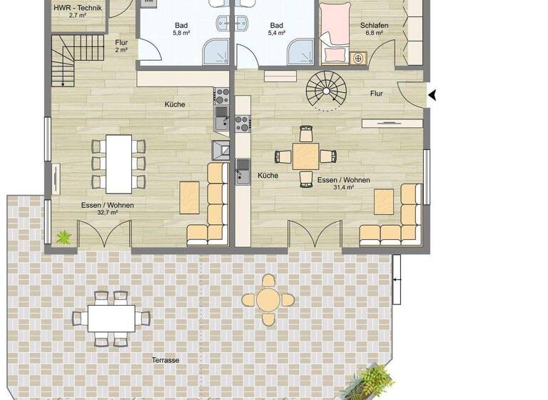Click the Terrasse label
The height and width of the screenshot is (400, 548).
(x=165, y=360)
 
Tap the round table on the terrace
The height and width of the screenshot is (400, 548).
(x=268, y=299)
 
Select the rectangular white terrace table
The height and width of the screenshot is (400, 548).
(x=111, y=319)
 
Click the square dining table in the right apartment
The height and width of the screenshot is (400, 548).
(x=306, y=156)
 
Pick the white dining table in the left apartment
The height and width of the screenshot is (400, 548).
(x=118, y=164)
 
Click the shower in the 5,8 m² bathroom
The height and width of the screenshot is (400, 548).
(x=215, y=52)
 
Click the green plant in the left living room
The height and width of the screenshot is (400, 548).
(x=64, y=236)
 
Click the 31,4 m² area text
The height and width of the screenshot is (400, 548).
(x=344, y=189)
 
